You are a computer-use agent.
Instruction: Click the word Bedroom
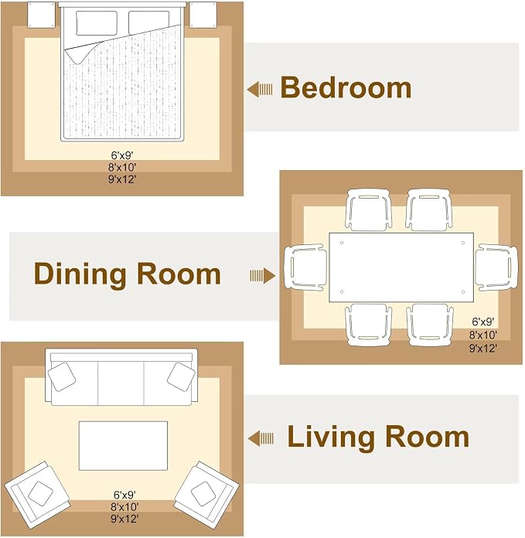click(x=346, y=87)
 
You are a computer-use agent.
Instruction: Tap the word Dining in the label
click(x=80, y=274)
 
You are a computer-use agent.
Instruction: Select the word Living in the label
click(x=329, y=438)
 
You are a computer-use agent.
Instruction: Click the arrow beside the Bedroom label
click(x=260, y=89)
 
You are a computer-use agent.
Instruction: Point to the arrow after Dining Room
click(x=262, y=275)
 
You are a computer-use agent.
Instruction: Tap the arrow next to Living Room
click(x=261, y=438)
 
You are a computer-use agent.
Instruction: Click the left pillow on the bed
click(x=97, y=23)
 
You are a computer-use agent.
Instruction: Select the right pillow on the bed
click(x=149, y=22)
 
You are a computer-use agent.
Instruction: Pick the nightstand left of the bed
click(x=41, y=15)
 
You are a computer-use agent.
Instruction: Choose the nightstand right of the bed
click(x=203, y=15)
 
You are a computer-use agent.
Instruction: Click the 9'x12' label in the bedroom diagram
click(x=122, y=179)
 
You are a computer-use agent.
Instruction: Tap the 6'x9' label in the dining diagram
click(x=482, y=322)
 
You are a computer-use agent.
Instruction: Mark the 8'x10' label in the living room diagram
click(x=124, y=507)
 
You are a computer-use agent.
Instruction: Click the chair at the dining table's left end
click(x=305, y=267)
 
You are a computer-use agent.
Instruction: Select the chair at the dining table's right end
click(x=496, y=267)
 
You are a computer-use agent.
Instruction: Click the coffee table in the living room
click(x=123, y=446)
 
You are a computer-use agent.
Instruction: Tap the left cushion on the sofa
click(x=62, y=376)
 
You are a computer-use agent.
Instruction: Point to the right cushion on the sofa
click(x=181, y=376)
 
